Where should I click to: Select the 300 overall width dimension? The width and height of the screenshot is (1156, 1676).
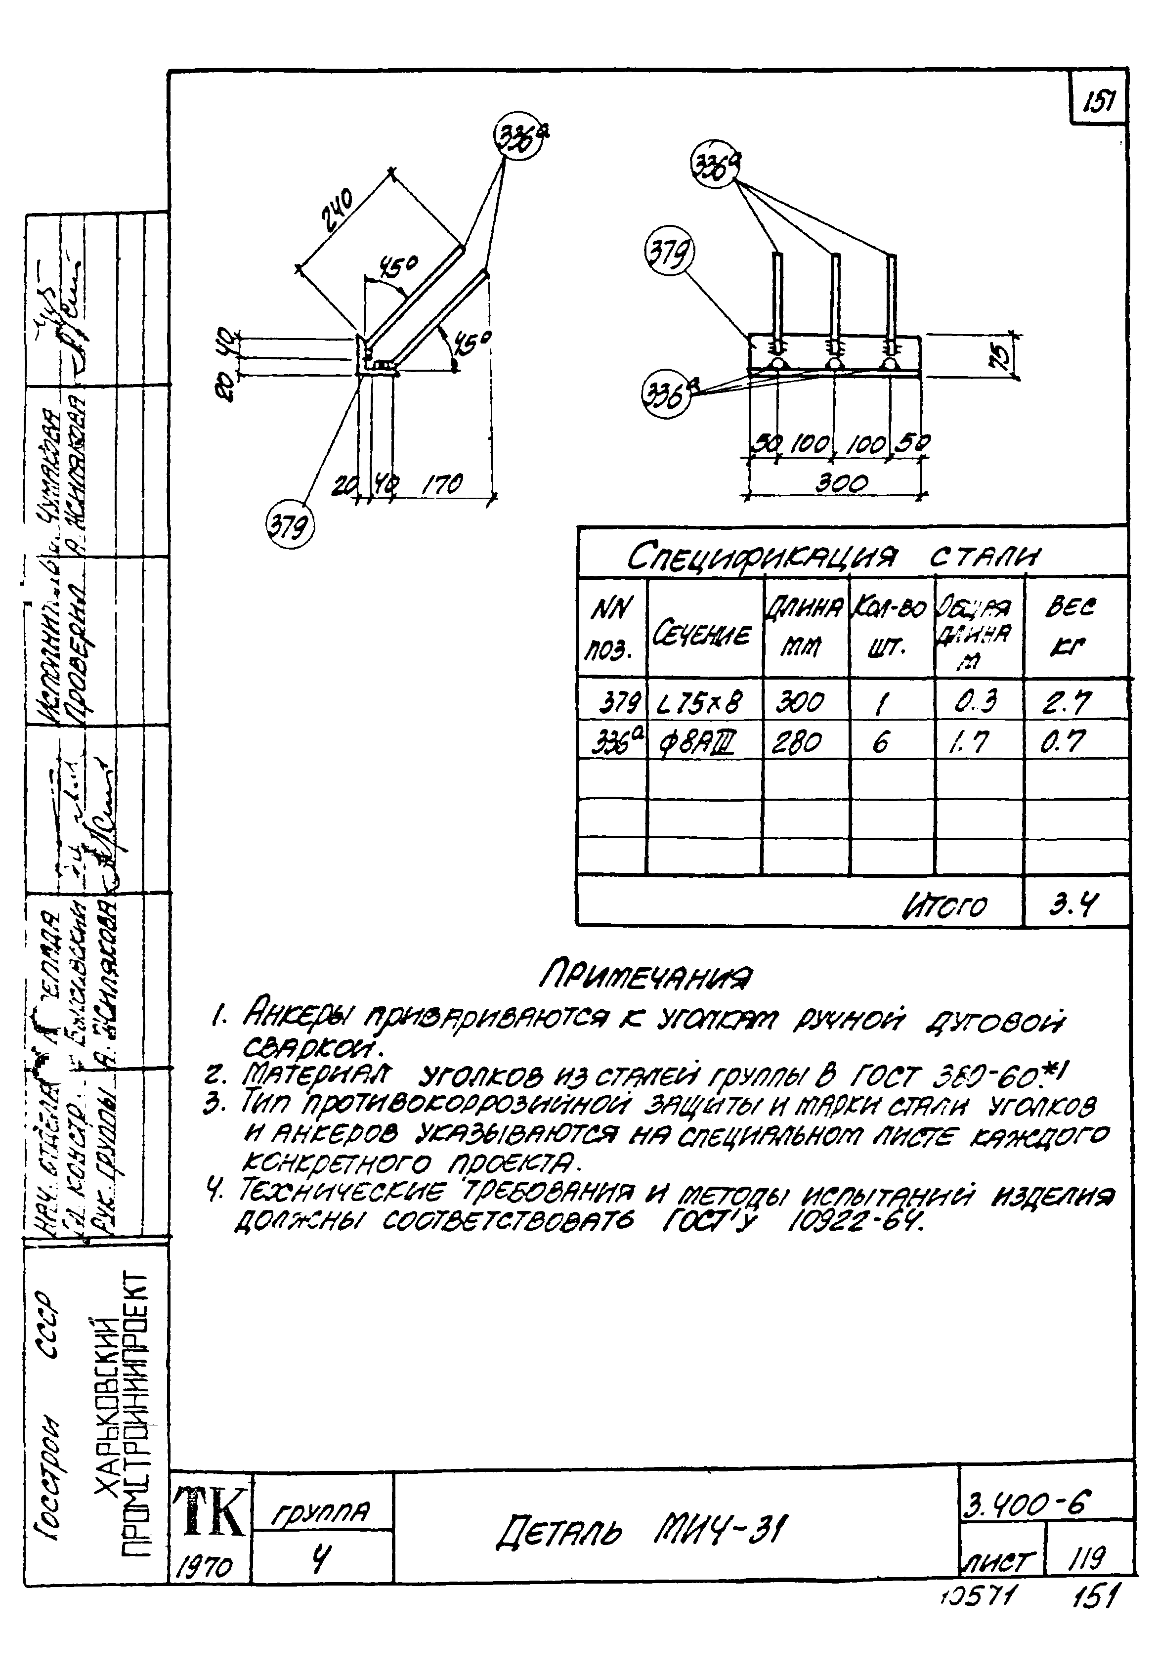(x=842, y=483)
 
